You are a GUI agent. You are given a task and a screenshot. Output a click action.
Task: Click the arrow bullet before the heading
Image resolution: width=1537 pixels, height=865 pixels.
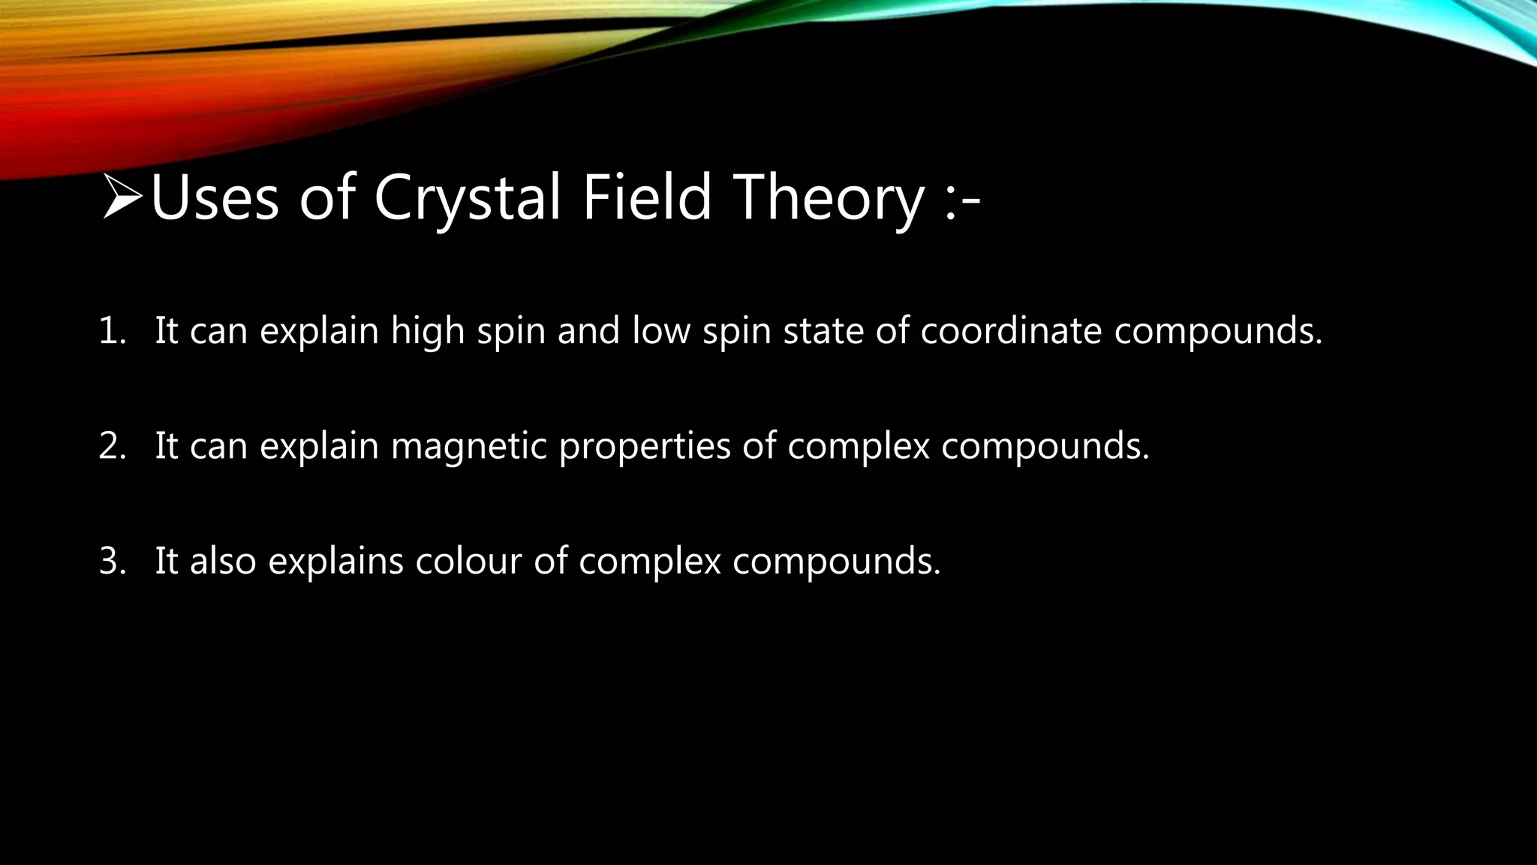[x=122, y=197]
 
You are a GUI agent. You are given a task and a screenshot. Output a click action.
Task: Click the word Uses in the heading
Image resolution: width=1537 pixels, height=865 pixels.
[x=215, y=198]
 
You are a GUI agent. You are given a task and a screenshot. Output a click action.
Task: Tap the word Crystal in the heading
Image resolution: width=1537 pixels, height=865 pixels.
[x=468, y=198]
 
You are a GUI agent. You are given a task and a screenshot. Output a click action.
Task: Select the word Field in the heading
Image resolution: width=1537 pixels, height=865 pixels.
[x=646, y=198]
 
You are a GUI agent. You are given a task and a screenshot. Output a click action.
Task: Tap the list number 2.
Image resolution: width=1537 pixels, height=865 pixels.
[x=112, y=446]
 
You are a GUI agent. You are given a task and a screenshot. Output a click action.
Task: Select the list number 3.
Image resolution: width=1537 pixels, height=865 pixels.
[x=112, y=561]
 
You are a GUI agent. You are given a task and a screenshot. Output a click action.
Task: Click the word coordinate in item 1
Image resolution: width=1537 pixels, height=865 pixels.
[x=1011, y=331]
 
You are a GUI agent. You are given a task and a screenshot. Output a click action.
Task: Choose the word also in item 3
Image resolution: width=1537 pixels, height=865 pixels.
[x=223, y=561]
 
